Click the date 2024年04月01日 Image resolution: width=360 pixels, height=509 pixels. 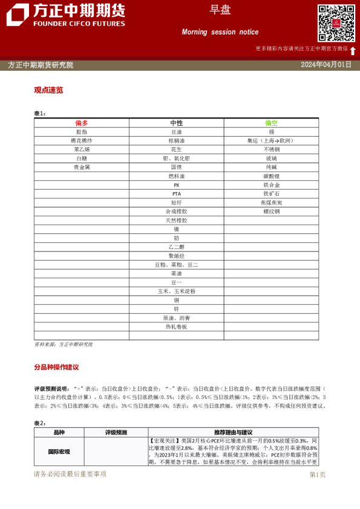coord(326,65)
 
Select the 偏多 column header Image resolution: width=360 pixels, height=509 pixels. coord(82,123)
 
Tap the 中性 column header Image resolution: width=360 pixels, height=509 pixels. coord(176,123)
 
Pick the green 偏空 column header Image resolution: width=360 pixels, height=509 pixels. coord(271,123)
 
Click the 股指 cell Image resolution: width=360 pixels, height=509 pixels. coord(82,131)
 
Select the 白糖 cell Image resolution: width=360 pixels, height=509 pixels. coord(82,158)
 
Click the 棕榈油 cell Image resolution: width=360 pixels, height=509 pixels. coord(176,140)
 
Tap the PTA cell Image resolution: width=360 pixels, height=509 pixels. coord(176,193)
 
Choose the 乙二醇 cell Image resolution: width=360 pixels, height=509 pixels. coord(176,247)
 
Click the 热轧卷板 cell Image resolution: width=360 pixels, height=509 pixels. coord(176,326)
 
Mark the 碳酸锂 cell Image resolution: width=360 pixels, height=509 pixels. coord(271,176)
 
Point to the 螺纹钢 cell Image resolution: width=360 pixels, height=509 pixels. coord(271,212)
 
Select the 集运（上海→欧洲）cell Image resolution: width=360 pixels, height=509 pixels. coord(271,140)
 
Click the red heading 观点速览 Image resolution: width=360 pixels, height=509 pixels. coord(48,90)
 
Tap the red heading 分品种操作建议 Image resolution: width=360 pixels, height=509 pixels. coord(56,367)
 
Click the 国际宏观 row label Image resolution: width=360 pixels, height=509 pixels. coord(59,452)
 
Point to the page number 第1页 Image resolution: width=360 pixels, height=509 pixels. coord(317,475)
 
